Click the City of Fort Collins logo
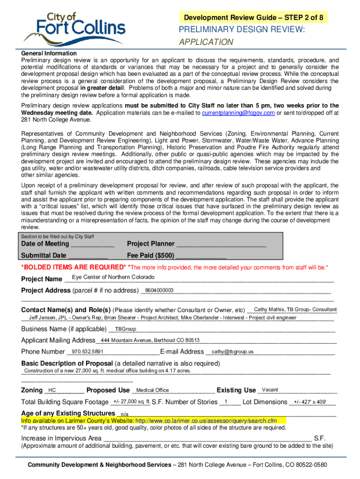click(75, 27)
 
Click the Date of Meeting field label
click(45, 244)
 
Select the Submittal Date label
click(44, 255)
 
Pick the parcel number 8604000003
click(159, 290)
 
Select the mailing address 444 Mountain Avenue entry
click(150, 340)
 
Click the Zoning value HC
click(52, 390)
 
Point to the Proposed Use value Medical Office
click(152, 390)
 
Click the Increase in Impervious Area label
click(61, 438)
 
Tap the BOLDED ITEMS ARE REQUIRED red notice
click(73, 267)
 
